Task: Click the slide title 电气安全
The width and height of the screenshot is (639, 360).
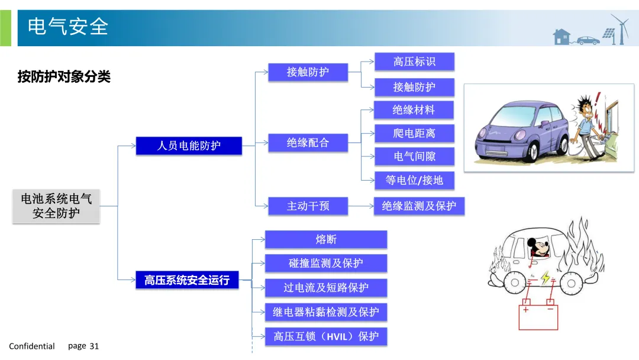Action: [x=68, y=27]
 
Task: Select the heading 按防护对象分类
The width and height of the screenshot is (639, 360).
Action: [x=64, y=77]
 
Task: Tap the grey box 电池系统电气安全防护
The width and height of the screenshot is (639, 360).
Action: [x=56, y=206]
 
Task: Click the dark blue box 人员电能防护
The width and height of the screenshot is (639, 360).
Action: [x=189, y=146]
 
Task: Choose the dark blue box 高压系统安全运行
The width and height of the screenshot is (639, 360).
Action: [x=186, y=280]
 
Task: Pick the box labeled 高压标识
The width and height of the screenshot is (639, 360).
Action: [x=414, y=62]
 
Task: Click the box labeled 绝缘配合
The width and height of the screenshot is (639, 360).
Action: [x=308, y=143]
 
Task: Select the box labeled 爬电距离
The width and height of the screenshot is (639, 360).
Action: [x=414, y=133]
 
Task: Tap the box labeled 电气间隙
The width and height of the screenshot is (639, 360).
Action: [x=414, y=157]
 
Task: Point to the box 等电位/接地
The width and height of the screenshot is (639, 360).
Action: [x=414, y=180]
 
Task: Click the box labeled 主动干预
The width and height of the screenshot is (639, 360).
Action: [x=308, y=206]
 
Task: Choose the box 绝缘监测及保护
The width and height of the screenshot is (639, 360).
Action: [x=419, y=206]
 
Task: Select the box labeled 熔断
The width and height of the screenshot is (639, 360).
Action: [x=326, y=239]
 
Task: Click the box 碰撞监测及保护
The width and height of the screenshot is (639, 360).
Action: [x=326, y=263]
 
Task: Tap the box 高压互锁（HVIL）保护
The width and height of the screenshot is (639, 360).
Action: [x=326, y=336]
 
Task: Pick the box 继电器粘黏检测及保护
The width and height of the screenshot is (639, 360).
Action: [x=326, y=312]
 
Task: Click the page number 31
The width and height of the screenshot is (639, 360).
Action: [x=94, y=346]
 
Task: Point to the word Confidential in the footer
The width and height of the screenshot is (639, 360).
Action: [x=32, y=346]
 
